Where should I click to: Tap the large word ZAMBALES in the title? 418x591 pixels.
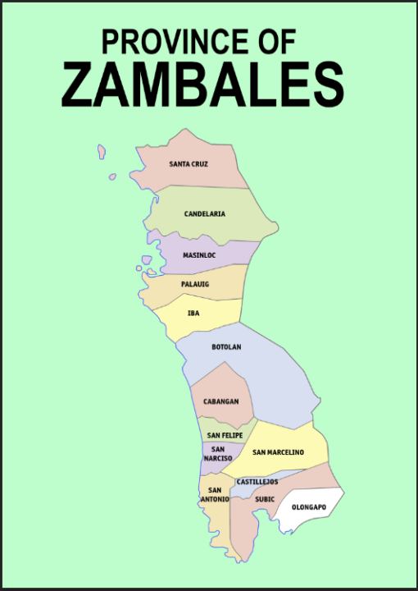point(202,85)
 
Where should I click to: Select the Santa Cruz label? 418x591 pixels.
point(189,164)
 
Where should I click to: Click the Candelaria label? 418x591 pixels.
point(204,214)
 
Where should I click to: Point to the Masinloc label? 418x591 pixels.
point(199,255)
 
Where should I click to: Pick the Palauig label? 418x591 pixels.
point(195,284)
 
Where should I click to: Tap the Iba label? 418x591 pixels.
point(193,313)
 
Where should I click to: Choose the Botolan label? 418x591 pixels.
point(226,347)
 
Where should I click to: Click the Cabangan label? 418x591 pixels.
point(221,401)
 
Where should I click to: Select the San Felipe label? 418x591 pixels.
point(225,434)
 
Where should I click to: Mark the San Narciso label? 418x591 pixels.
point(218,453)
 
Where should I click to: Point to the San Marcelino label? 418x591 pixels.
point(278,452)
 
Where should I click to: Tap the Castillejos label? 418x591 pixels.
point(257,482)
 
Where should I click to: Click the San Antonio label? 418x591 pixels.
point(214,494)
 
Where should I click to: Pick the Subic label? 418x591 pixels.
point(265,498)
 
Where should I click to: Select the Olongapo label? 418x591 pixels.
point(309,507)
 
